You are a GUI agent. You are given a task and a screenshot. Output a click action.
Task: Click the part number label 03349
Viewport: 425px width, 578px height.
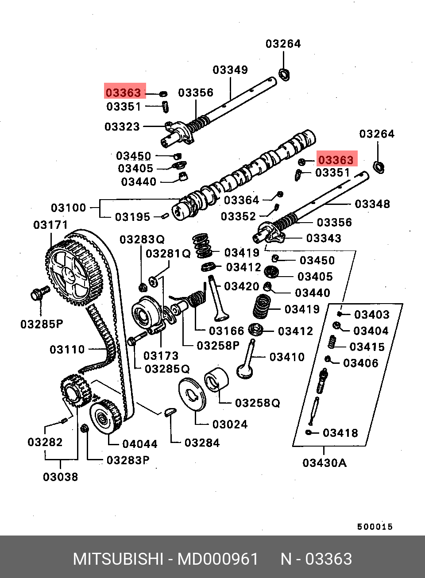click(230, 69)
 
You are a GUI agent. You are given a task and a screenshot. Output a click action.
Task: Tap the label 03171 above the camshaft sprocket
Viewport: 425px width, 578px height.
click(50, 225)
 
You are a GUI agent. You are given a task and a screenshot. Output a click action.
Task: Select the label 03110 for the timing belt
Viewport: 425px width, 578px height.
click(67, 350)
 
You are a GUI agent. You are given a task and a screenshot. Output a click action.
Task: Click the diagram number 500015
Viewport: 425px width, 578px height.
click(375, 527)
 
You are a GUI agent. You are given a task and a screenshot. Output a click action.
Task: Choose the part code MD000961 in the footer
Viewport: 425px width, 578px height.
click(218, 559)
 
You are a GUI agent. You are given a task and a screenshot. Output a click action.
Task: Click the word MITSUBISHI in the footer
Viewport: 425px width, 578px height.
click(118, 559)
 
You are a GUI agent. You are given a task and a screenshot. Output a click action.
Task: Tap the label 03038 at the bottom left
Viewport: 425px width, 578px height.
click(60, 477)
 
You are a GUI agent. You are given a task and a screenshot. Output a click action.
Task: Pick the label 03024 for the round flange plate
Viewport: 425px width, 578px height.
click(230, 424)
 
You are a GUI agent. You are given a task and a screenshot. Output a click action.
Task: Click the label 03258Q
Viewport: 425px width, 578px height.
click(258, 403)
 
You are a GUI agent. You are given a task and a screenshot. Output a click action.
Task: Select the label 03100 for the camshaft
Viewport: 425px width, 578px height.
click(68, 208)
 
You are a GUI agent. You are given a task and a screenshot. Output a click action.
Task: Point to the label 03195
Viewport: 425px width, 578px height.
click(132, 217)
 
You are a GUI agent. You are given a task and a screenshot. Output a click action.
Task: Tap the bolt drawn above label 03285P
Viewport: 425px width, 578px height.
click(40, 293)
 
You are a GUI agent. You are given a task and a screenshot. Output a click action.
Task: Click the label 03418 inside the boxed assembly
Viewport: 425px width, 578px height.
click(340, 433)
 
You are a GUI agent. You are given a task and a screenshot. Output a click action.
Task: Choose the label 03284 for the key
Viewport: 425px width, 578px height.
click(202, 443)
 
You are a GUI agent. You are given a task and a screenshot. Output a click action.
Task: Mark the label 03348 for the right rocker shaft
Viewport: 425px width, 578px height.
click(372, 204)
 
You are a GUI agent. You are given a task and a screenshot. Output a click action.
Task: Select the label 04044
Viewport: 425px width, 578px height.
click(140, 444)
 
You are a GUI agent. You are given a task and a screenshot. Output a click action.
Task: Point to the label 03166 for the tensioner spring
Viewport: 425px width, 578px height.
click(226, 331)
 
